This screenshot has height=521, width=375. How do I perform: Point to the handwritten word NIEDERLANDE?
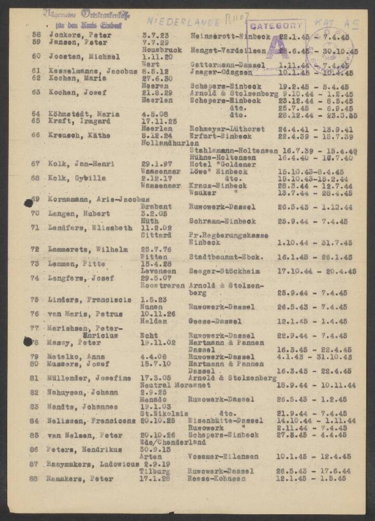[x=178, y=20]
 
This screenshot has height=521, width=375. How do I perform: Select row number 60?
[x=36, y=57]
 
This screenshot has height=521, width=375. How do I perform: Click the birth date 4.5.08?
[x=153, y=114]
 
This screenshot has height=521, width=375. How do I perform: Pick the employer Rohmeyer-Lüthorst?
[x=226, y=129]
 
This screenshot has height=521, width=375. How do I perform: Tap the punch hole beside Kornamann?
[x=28, y=203]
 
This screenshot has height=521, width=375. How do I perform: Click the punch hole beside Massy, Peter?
[x=28, y=342]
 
